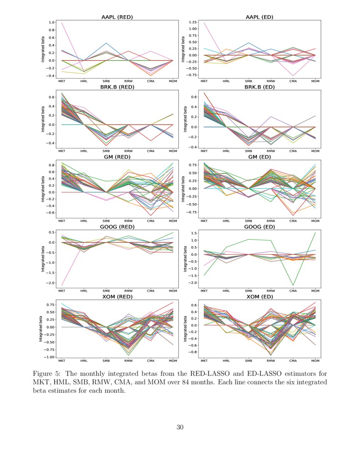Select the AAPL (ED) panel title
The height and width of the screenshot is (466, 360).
tap(260, 17)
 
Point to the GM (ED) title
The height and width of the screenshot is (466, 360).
tap(260, 157)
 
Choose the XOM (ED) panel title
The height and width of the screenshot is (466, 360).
tap(260, 297)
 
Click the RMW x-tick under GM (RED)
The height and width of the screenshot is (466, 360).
tap(128, 221)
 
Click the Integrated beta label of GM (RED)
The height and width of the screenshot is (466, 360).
tap(43, 189)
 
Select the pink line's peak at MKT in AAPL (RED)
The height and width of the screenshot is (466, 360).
tap(62, 23)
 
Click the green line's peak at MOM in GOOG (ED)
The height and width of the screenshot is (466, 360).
tap(315, 233)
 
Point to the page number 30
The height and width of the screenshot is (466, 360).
tap(180, 427)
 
